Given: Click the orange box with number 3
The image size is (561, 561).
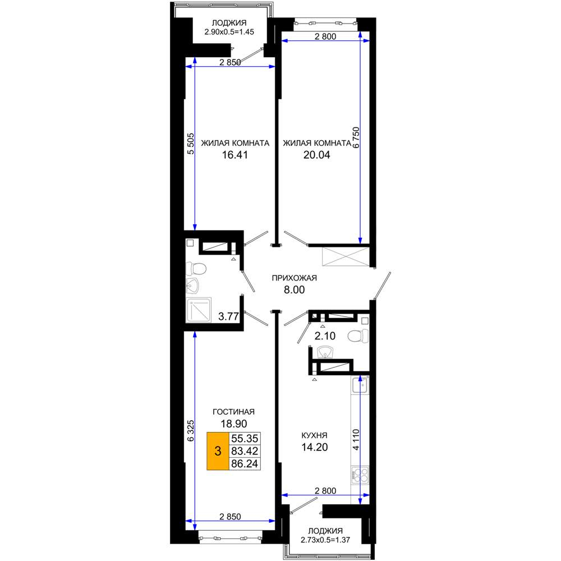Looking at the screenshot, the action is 218,451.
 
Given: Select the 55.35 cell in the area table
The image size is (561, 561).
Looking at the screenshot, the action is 245,438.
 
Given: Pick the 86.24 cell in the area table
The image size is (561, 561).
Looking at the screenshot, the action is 245,464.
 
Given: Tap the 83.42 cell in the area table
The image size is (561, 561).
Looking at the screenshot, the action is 245,451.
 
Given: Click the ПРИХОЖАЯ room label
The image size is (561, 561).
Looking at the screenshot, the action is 294,278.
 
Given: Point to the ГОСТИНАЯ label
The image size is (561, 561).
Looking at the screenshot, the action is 233,412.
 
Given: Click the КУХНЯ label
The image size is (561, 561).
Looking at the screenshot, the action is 315,435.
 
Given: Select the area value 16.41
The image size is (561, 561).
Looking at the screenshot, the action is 234,155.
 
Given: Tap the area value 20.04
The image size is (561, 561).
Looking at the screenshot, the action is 316,155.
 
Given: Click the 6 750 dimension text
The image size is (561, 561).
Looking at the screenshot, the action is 356,137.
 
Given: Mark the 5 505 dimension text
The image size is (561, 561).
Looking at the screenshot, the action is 191,144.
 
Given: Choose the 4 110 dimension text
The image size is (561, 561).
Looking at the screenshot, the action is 356,440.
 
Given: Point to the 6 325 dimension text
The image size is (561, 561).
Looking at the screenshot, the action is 191,430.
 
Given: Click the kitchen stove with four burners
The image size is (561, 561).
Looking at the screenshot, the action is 360,475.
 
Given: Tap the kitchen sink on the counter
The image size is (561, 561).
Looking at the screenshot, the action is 360,385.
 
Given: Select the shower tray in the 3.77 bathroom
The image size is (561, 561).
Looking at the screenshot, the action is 199,310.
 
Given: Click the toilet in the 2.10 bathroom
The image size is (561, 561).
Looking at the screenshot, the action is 358,336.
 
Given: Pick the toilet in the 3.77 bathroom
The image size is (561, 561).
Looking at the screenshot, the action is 196,268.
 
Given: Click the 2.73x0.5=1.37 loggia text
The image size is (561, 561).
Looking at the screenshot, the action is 325,540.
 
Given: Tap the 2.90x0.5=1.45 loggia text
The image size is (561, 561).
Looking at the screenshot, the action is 229,32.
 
